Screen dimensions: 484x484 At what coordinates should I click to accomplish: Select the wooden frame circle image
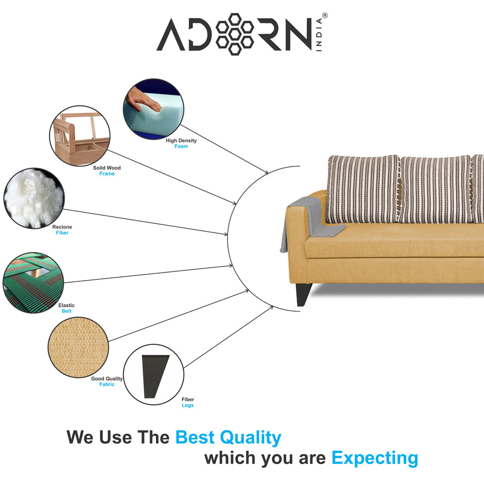pyautogui.click(x=80, y=136)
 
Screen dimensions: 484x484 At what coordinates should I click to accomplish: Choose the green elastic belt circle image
pyautogui.click(x=33, y=283)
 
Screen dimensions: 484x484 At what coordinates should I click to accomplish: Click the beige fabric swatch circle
pyautogui.click(x=78, y=347)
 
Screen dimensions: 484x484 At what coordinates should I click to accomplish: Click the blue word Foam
pyautogui.click(x=181, y=146)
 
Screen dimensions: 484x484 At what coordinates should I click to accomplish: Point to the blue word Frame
pyautogui.click(x=107, y=174)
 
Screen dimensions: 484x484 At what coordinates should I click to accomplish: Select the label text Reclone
pyautogui.click(x=62, y=227)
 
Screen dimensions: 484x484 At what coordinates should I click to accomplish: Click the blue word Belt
pyautogui.click(x=66, y=311)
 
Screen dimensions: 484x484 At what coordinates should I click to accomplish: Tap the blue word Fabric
pyautogui.click(x=107, y=384)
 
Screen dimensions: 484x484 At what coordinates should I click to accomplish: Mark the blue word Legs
pyautogui.click(x=187, y=406)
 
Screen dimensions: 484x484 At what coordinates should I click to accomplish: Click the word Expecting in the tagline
pyautogui.click(x=375, y=457)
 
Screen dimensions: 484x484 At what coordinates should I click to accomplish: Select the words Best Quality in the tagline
pyautogui.click(x=228, y=438)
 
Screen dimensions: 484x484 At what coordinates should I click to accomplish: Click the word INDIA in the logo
pyautogui.click(x=320, y=33)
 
